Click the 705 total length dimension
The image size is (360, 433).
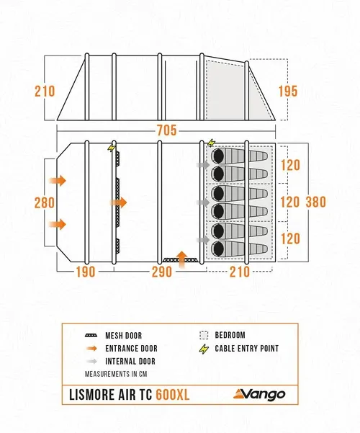point(166,130)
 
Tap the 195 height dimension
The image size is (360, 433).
point(288,91)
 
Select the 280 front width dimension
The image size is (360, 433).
point(45,202)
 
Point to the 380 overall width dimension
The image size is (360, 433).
point(316,202)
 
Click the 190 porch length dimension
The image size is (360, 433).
point(86,272)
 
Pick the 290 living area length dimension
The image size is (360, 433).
point(162,272)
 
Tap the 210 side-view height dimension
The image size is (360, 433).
point(45,91)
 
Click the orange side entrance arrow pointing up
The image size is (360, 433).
point(181,259)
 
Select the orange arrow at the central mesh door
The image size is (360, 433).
point(118,202)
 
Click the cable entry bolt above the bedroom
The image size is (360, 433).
point(211,143)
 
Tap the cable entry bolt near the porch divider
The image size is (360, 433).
point(112,148)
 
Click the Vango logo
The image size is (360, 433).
point(259,394)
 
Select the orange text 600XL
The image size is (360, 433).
point(173,395)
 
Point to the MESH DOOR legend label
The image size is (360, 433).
point(123,336)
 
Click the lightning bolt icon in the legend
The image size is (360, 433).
point(204,349)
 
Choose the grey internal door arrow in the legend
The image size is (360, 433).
point(91,361)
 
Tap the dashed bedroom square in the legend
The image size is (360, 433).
point(204,335)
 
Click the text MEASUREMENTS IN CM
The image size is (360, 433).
point(116,374)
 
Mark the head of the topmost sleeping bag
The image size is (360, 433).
point(219,156)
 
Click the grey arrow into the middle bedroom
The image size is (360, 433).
point(203,202)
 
